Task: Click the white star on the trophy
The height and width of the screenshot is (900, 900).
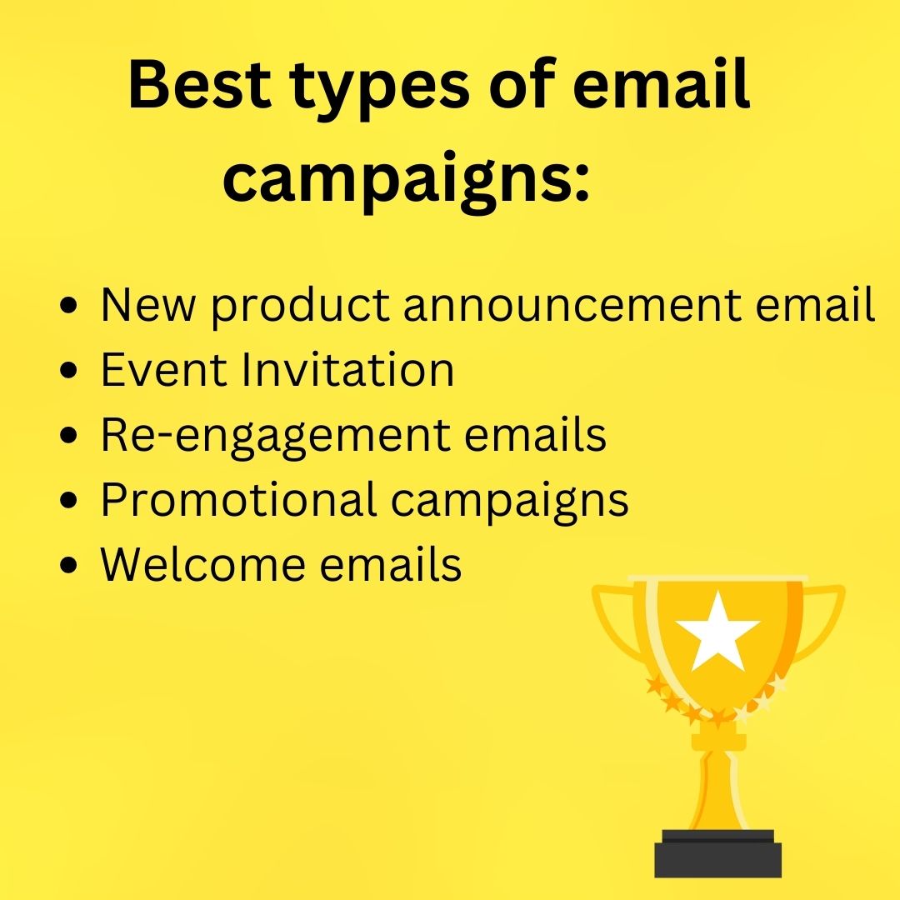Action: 717,631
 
